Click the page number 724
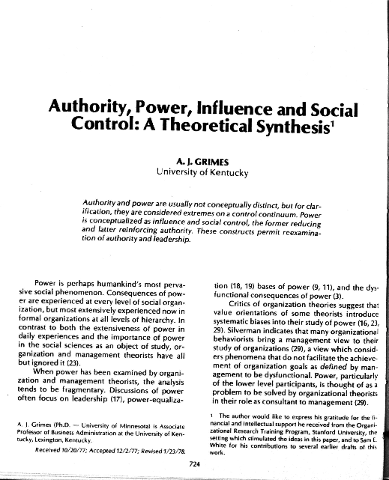pos(194,464)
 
